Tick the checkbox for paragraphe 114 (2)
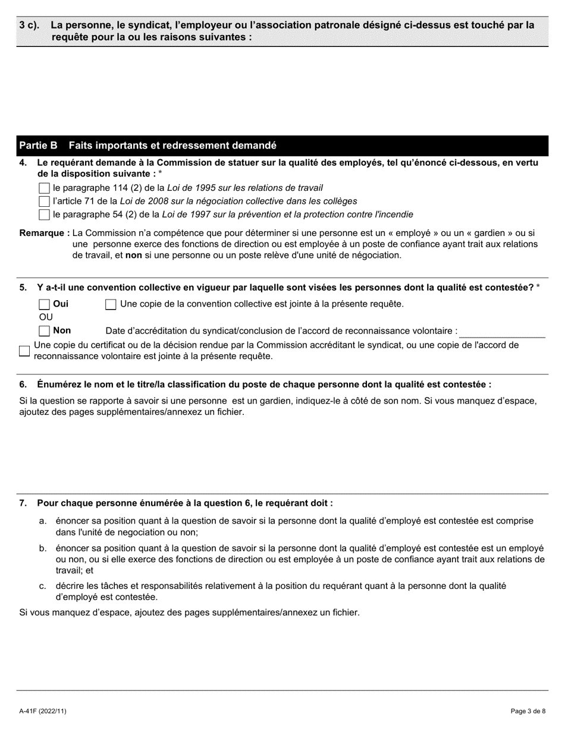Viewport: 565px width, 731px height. (x=44, y=188)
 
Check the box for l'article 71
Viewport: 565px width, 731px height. (x=44, y=201)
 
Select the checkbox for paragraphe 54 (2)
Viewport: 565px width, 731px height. (x=44, y=215)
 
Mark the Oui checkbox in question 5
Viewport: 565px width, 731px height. (x=44, y=304)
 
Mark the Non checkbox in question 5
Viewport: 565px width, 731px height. (x=44, y=331)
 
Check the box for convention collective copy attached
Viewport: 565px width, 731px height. (x=111, y=304)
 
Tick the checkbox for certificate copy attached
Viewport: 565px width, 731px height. (x=24, y=351)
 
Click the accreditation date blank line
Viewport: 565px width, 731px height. (x=503, y=332)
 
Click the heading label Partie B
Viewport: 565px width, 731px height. (x=39, y=146)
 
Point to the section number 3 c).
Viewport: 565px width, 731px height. (x=30, y=26)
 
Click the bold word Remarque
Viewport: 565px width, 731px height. (x=43, y=233)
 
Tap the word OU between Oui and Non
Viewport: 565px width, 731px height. (x=46, y=317)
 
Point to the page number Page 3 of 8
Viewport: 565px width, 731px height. (x=528, y=711)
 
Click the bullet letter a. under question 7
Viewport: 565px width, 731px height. (x=43, y=521)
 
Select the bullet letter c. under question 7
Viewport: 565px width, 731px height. (x=43, y=586)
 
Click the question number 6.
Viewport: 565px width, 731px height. (x=23, y=385)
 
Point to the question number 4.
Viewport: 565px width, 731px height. (x=23, y=163)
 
